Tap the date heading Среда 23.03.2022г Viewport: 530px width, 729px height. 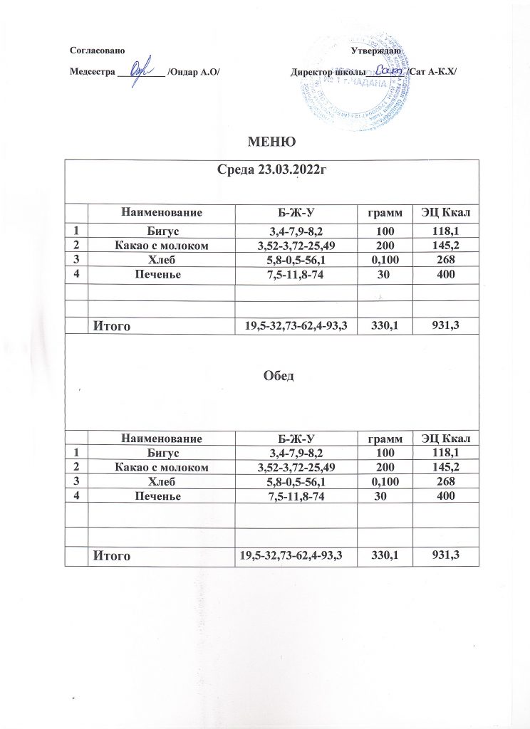[x=271, y=171]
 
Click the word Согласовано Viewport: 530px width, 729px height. [x=98, y=52]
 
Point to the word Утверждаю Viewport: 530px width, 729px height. [x=378, y=52]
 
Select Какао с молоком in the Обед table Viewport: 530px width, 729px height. [x=162, y=467]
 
